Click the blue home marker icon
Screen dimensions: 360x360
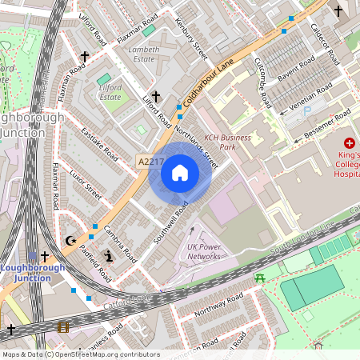180,173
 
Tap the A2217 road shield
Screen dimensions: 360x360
148,162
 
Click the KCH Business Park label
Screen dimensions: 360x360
227,142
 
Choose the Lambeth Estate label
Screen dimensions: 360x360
145,54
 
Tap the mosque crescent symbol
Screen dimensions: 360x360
70,240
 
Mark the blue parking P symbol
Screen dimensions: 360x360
307,112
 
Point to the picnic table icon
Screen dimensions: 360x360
259,278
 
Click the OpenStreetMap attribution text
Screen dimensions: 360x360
80,354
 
